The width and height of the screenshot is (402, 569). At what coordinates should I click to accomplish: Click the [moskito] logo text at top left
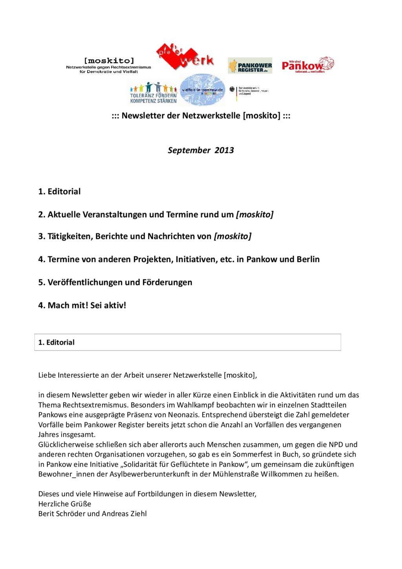(x=109, y=61)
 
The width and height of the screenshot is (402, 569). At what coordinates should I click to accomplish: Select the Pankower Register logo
(x=250, y=66)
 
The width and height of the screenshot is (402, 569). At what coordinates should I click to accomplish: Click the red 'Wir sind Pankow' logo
(x=308, y=65)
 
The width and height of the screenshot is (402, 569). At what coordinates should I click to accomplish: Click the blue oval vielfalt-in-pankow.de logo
(x=203, y=90)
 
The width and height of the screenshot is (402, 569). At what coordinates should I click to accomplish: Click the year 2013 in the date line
(x=224, y=150)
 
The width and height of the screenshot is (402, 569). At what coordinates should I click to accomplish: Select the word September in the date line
(x=189, y=150)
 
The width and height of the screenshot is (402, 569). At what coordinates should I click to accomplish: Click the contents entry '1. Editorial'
(x=59, y=191)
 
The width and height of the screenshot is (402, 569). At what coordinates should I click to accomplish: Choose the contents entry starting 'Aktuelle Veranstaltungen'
(x=155, y=215)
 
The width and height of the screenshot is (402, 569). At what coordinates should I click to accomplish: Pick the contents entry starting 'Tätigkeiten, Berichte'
(x=144, y=236)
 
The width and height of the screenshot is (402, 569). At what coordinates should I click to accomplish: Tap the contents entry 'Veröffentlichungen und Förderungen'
(x=115, y=282)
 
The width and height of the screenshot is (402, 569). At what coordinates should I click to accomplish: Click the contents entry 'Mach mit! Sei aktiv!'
(x=82, y=305)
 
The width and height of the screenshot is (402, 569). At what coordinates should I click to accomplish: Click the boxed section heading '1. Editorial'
(x=57, y=342)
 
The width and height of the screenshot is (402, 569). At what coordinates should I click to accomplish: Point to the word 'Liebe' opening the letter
(x=47, y=375)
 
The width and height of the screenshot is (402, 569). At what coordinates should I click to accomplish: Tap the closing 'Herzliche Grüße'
(x=64, y=504)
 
